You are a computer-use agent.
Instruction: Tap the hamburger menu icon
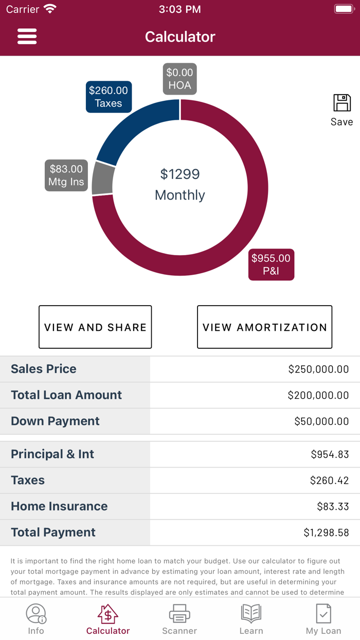coord(27,37)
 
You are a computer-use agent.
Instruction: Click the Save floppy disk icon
coord(341,103)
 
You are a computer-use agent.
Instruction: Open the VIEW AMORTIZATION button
coord(264,327)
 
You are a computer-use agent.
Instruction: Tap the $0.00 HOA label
coord(179,79)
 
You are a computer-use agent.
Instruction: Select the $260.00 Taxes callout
coord(109,97)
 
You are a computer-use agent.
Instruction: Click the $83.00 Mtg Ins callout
coord(66,175)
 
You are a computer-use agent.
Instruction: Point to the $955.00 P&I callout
coord(271,264)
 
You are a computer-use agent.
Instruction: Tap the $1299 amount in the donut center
coord(179,174)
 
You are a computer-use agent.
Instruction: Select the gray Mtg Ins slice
coord(102,181)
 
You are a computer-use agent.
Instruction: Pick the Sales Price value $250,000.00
coord(318,369)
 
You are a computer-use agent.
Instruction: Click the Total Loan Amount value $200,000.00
coord(318,395)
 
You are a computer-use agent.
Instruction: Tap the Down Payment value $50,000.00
coord(321,421)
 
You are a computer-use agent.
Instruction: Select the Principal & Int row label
coord(52,454)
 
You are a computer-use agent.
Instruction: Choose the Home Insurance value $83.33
coord(333,506)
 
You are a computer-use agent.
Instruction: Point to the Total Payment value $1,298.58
coord(326,532)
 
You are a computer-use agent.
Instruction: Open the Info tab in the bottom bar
coord(36,619)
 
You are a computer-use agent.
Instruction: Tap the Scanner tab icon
coord(179,614)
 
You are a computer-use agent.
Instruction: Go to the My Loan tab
coord(323,619)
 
